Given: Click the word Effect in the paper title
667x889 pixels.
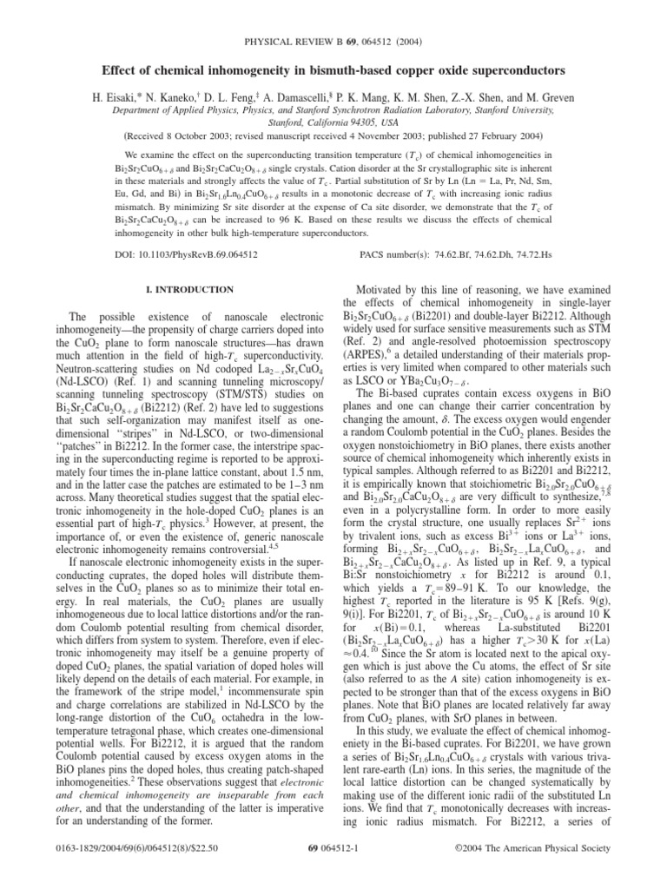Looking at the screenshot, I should (x=125, y=69).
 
